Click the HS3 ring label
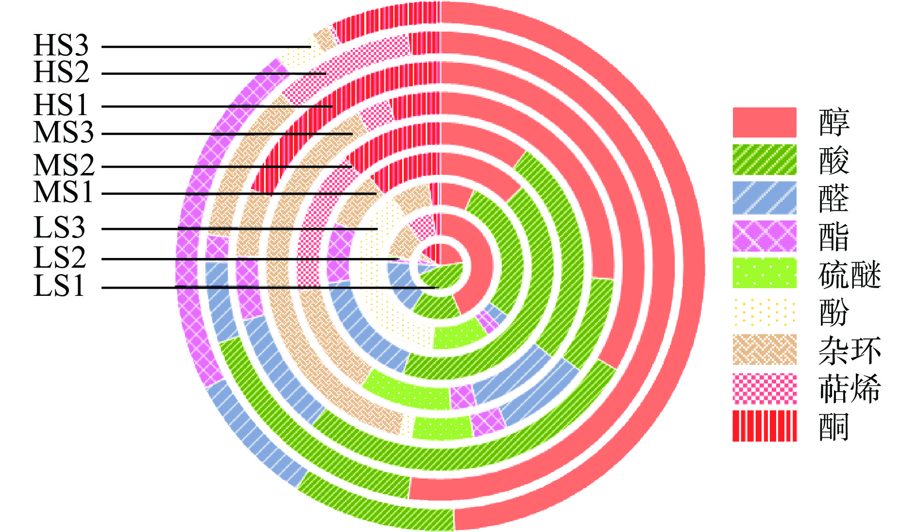click(61, 46)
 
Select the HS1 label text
click(61, 105)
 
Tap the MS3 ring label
click(64, 132)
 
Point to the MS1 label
click(64, 192)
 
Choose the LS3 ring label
click(60, 227)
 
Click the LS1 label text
click(60, 286)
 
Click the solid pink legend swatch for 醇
click(764, 122)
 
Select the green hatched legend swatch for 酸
click(764, 160)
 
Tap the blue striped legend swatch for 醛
click(764, 198)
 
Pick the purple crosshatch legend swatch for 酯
click(764, 236)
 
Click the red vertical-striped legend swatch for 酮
click(764, 426)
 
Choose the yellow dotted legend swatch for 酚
click(764, 312)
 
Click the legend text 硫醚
click(849, 275)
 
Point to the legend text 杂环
click(849, 350)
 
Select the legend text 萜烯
click(849, 388)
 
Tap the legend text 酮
click(833, 427)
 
